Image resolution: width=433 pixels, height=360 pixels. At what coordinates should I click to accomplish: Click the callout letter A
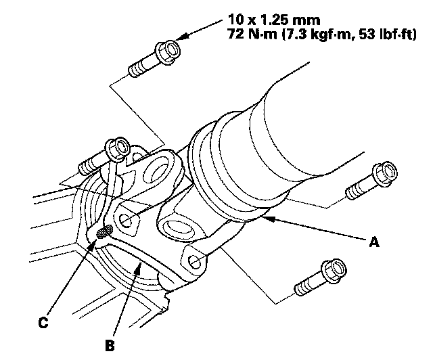[374, 242]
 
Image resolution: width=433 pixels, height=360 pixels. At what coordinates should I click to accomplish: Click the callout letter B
[110, 345]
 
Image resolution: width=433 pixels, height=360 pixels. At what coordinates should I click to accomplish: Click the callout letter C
[43, 322]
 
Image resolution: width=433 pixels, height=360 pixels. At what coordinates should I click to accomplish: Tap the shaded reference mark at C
[105, 231]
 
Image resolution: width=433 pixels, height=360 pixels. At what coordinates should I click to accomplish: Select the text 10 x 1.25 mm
[274, 20]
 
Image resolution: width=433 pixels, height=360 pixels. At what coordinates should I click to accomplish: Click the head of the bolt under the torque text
[168, 53]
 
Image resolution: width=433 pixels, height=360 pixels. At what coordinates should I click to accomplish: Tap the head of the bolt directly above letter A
[385, 175]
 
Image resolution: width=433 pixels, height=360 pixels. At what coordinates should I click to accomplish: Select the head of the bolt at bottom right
[334, 271]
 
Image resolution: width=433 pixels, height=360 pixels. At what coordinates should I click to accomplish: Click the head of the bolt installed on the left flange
[118, 149]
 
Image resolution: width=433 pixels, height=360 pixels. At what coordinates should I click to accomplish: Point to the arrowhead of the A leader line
[268, 219]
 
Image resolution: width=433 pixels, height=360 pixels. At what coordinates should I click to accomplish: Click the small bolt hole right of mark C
[125, 220]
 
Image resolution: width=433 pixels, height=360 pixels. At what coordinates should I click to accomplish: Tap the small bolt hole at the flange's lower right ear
[195, 262]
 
